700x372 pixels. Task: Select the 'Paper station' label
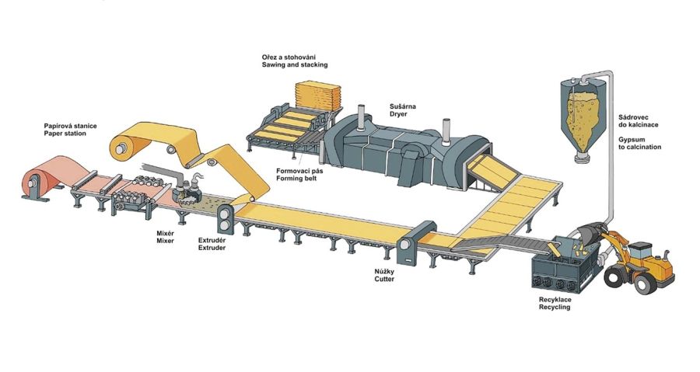[65, 134]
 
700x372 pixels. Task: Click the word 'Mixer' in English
[165, 241]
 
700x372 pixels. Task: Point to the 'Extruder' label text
[212, 247]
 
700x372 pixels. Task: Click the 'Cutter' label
[384, 279]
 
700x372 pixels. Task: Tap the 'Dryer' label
[398, 114]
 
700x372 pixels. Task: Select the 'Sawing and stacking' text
[295, 64]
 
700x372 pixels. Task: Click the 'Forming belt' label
[296, 178]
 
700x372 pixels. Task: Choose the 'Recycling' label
[555, 307]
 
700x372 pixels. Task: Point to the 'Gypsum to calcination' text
[640, 143]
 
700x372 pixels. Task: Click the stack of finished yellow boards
[318, 95]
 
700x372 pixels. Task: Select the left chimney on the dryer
[361, 117]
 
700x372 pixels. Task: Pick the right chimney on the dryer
[445, 131]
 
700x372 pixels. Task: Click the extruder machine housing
[225, 218]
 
